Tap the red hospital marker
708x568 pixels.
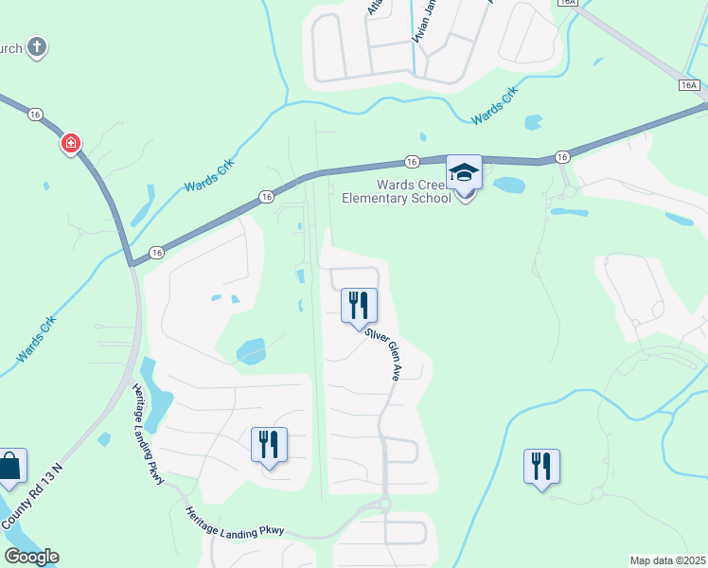click(71, 145)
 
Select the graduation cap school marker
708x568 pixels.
click(464, 174)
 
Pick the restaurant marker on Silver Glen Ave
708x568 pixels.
click(359, 305)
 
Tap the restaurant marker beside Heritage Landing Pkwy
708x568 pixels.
click(269, 444)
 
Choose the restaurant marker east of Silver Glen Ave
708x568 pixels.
click(541, 467)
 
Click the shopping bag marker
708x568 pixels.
click(10, 467)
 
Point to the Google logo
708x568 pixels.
click(31, 557)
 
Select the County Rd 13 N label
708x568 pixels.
click(30, 497)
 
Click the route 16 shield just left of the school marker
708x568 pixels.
click(412, 162)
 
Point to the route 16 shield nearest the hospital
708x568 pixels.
click(35, 114)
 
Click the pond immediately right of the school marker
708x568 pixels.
click(508, 185)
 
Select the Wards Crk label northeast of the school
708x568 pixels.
click(495, 105)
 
